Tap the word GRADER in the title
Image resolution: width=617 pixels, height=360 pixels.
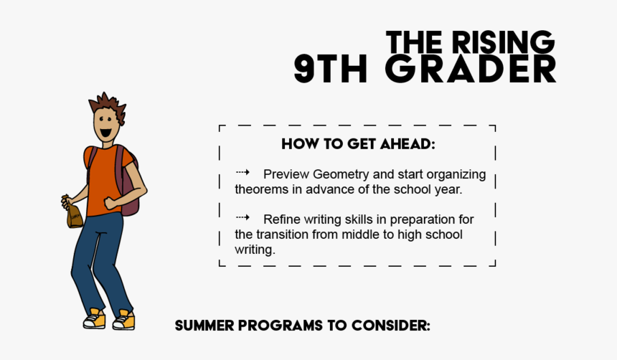point(471,70)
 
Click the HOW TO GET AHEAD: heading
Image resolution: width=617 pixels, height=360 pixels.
point(358,143)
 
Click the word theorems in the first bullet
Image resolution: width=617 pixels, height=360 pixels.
point(261,189)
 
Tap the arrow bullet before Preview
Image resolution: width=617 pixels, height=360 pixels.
point(242,173)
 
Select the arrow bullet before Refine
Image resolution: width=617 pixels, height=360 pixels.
point(242,217)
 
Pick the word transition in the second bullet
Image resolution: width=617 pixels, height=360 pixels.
point(286,235)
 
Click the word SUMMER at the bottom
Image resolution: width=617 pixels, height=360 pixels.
point(204,326)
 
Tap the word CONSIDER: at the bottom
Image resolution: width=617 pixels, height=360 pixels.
point(390,326)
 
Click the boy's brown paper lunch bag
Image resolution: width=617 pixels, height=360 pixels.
point(74,214)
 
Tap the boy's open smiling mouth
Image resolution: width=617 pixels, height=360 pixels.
point(105,133)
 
